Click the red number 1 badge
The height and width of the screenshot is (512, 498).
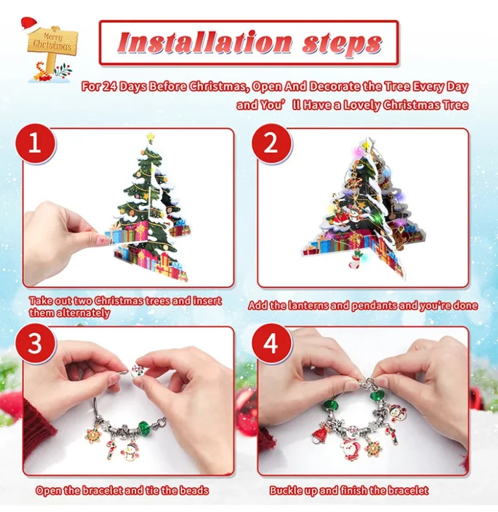point(35,143)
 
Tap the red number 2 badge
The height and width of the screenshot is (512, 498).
point(271,143)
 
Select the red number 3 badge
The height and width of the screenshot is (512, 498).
point(35,343)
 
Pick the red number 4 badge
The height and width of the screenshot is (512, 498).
point(271,343)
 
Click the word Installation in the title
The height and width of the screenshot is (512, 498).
point(205,42)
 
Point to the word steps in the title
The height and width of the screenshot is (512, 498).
point(342,44)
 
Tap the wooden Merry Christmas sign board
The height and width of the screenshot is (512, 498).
point(53,41)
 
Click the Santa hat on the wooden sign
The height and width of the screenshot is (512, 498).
point(29,24)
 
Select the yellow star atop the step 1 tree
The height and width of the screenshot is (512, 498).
point(150,137)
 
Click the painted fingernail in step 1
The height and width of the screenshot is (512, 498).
point(103,239)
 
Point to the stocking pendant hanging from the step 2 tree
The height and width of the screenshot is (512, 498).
point(355,260)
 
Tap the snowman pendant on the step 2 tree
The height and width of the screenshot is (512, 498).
point(353,216)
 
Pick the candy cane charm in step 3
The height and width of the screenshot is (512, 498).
point(111,449)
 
